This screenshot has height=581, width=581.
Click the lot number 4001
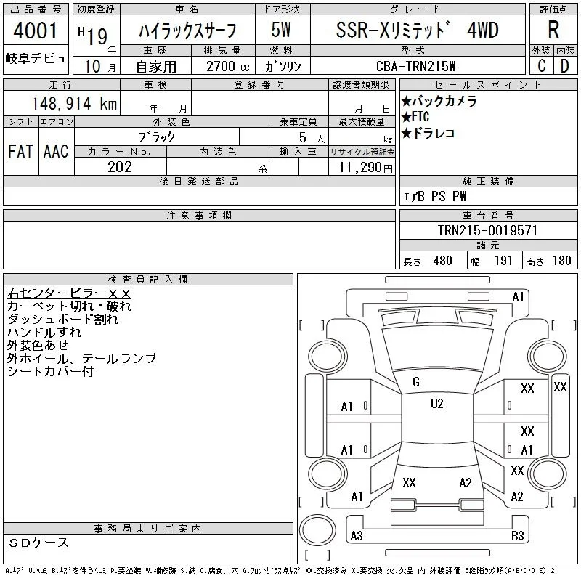[x=35, y=31]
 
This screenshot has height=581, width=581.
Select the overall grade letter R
[x=553, y=30]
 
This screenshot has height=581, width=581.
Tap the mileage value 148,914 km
[x=74, y=104]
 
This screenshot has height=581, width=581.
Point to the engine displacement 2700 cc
[x=227, y=67]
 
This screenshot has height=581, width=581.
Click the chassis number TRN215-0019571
[x=487, y=230]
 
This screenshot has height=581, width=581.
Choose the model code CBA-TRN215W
[x=415, y=66]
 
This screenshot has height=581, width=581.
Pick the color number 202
[x=120, y=167]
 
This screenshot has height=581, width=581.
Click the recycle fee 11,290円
[x=366, y=168]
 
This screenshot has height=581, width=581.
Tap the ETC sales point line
[x=415, y=117]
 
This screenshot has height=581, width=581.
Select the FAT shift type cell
[x=20, y=152]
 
